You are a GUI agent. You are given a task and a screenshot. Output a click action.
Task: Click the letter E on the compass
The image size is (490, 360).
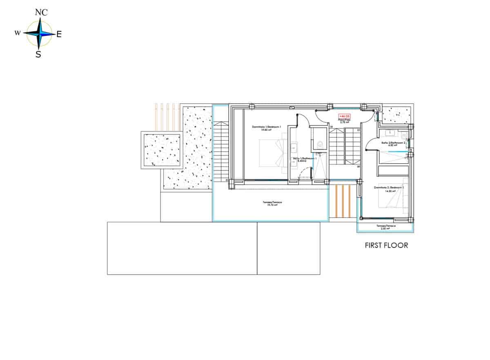point(59,35)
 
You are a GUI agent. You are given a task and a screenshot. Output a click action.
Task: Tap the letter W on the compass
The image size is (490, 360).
point(18,33)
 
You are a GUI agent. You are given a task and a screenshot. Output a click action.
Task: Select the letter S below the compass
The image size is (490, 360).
point(38,54)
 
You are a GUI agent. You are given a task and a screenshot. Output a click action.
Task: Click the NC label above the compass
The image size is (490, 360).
point(41,12)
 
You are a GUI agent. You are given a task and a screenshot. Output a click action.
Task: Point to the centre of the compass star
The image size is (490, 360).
point(39,34)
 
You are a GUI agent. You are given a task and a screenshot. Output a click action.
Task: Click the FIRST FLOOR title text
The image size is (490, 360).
point(386,246)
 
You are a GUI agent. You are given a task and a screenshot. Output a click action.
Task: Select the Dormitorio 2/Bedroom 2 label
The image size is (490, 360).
point(389,188)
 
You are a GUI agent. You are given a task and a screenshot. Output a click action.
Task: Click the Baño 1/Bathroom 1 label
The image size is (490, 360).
point(303,159)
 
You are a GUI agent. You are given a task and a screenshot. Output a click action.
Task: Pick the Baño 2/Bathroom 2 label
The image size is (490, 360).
point(394,143)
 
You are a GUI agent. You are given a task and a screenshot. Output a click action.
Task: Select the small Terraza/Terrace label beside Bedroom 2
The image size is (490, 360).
point(386,227)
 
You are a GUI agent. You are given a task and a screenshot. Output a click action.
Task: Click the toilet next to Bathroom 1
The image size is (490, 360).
point(320,144)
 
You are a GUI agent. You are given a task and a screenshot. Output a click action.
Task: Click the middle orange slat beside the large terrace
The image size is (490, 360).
point(343,201)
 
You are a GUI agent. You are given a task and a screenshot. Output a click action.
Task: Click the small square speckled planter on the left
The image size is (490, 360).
point(162,150)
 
